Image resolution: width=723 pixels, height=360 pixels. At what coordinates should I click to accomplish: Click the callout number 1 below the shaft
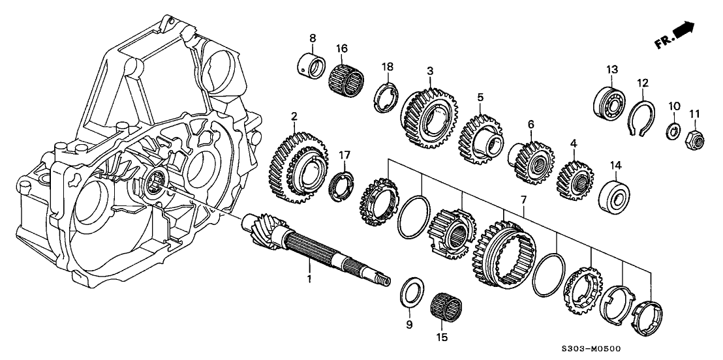coord(311,279)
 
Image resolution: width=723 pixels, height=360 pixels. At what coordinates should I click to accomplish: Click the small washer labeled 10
coord(671,132)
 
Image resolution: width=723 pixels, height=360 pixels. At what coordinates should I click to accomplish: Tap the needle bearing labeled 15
coord(447,306)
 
